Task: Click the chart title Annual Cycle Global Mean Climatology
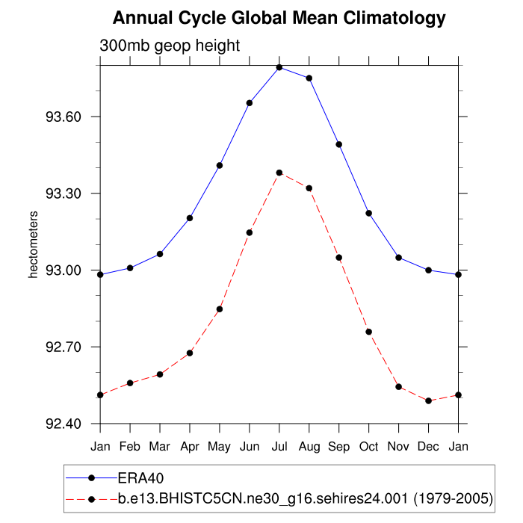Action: click(x=279, y=18)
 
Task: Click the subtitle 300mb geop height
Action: click(x=170, y=46)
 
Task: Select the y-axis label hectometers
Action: click(x=33, y=244)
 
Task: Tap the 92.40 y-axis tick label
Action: click(x=68, y=424)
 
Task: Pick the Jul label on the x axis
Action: click(x=279, y=446)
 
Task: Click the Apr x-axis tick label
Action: click(x=190, y=446)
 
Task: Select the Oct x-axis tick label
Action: click(x=369, y=446)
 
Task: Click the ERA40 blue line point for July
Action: click(x=279, y=67)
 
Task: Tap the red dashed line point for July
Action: click(x=279, y=173)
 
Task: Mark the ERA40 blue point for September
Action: click(x=339, y=144)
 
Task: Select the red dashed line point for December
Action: click(x=429, y=401)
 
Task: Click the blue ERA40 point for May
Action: click(x=220, y=165)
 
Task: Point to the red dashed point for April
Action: click(x=190, y=353)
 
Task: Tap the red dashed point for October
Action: click(x=369, y=332)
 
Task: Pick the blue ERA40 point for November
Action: click(x=399, y=258)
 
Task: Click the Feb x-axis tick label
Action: click(x=130, y=446)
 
